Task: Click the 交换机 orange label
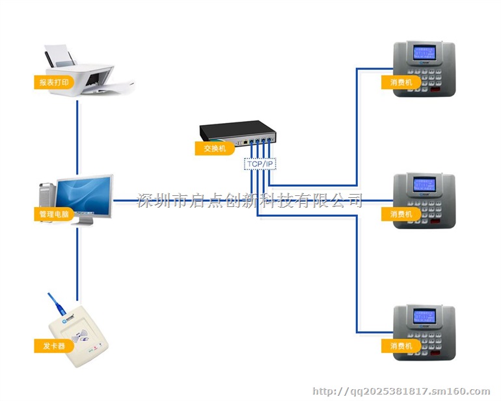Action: [x=214, y=148]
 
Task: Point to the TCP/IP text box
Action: [x=260, y=164]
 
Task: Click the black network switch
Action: [x=237, y=131]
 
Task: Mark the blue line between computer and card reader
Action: [x=77, y=260]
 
